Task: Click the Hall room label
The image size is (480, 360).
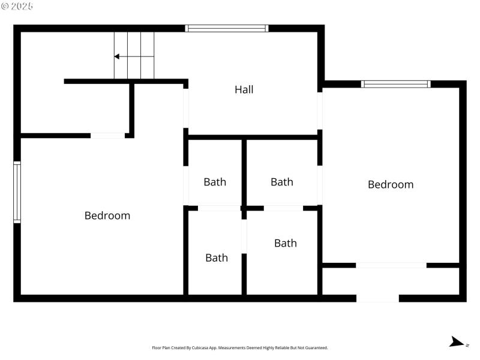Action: pyautogui.click(x=244, y=90)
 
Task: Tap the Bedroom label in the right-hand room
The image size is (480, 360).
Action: pyautogui.click(x=391, y=185)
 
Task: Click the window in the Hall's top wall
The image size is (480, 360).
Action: pyautogui.click(x=227, y=28)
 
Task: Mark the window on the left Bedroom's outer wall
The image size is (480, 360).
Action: pyautogui.click(x=17, y=193)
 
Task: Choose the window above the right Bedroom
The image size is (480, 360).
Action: pyautogui.click(x=396, y=84)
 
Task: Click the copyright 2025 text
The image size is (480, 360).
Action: pyautogui.click(x=17, y=6)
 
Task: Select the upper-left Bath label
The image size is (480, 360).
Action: pyautogui.click(x=215, y=182)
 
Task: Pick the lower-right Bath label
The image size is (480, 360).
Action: pyautogui.click(x=286, y=243)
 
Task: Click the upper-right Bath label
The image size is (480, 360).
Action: pyautogui.click(x=282, y=182)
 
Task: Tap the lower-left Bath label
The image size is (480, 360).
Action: pyautogui.click(x=217, y=258)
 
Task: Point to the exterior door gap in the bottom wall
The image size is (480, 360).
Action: pyautogui.click(x=378, y=298)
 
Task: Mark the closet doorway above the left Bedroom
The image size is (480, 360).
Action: pyautogui.click(x=108, y=136)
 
